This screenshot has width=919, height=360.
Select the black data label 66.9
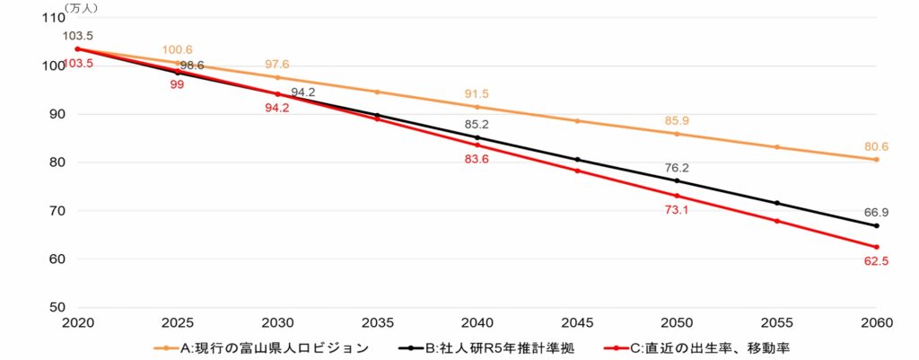click(x=876, y=212)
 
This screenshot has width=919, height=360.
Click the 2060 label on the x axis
click(x=876, y=321)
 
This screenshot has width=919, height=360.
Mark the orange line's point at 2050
click(x=677, y=134)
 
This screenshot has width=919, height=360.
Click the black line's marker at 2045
click(x=577, y=160)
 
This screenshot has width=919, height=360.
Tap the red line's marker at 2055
click(x=776, y=221)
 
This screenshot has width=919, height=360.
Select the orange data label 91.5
click(x=477, y=93)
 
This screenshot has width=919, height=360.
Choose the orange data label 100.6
click(x=178, y=49)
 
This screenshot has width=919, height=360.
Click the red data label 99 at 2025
click(x=178, y=84)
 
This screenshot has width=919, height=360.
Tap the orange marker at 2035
click(x=377, y=92)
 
